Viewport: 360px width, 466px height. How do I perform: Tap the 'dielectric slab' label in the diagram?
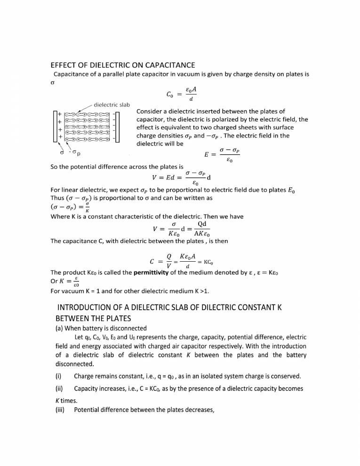pyautogui.click(x=112, y=104)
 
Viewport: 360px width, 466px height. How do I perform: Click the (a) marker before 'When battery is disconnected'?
pyautogui.click(x=59, y=328)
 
